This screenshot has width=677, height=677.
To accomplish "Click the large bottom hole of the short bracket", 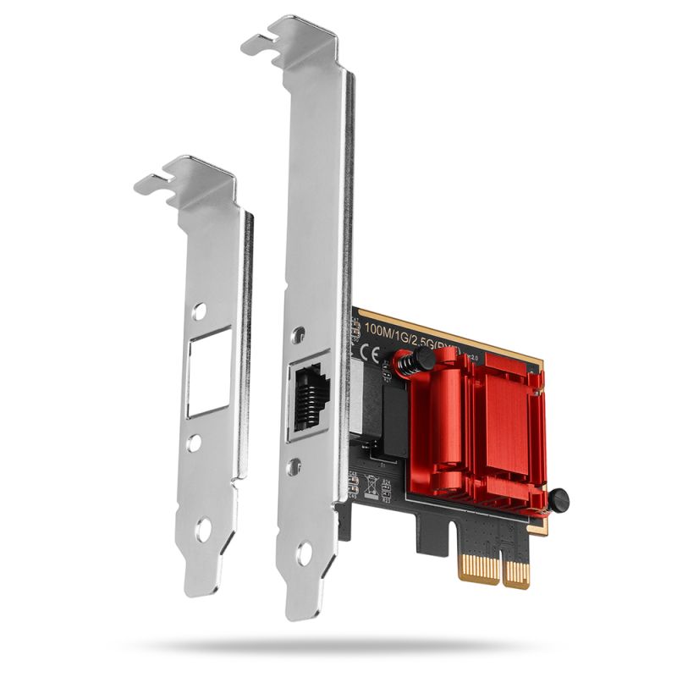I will pos(202,532).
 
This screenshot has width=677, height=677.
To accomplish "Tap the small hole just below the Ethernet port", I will pos(294,466).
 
